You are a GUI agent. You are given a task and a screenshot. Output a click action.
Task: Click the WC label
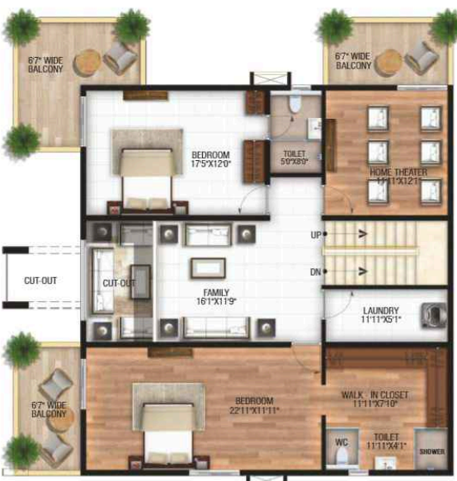point(342,442)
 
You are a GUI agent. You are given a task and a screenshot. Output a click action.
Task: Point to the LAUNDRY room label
point(381,310)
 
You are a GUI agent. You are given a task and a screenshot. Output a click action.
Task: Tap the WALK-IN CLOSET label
point(375,396)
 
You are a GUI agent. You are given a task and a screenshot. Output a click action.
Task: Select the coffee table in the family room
point(208,267)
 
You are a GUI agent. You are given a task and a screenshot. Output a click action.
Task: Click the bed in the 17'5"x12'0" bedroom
point(148,169)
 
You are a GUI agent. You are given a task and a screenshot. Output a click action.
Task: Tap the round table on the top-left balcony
point(88,62)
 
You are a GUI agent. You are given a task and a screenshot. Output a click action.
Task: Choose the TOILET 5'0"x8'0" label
point(294,154)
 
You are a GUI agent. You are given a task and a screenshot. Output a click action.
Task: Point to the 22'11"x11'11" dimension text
point(256,410)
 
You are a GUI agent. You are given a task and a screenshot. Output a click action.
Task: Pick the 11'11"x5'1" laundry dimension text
point(381,319)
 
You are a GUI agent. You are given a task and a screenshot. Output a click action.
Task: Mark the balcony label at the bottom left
point(48,409)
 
